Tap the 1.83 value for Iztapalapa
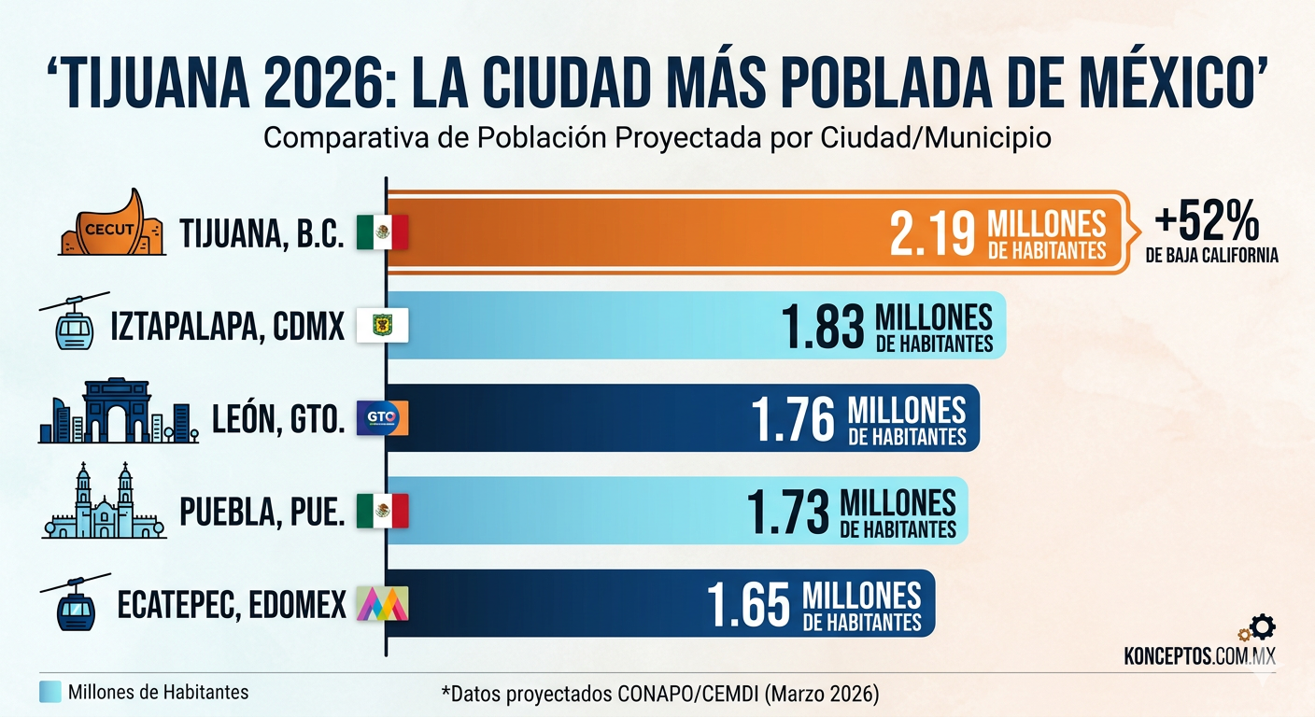point(822,327)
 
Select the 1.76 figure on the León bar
point(795,420)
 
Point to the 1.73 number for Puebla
point(787,512)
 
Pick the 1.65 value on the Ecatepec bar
point(749,604)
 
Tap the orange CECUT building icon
point(113,225)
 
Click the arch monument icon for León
point(117,411)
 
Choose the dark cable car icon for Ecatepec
point(76,602)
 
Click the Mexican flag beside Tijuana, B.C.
point(382,232)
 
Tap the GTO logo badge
point(382,417)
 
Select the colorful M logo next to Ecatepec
point(382,604)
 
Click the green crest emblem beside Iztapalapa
point(382,325)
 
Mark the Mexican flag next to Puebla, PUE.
point(382,511)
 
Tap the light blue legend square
point(50,692)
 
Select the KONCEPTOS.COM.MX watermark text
point(1199,656)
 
